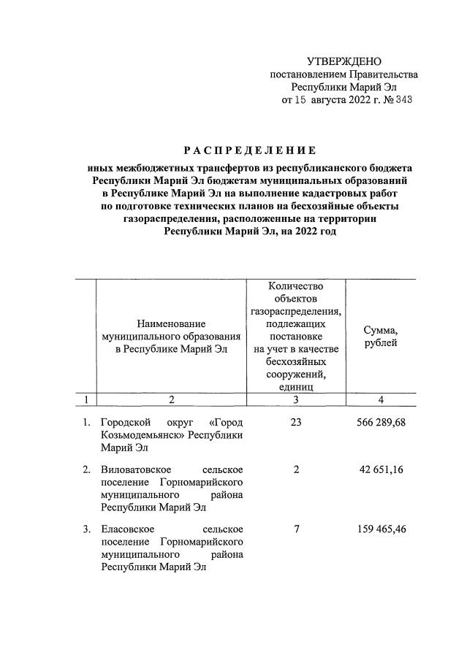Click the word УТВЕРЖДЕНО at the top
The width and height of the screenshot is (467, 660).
[x=343, y=61]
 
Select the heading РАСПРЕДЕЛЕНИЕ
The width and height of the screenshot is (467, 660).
[x=249, y=151]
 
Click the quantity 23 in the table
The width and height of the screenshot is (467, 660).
[x=296, y=423]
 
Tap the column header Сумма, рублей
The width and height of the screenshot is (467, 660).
[x=380, y=337]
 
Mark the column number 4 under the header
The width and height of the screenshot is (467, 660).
[x=380, y=399]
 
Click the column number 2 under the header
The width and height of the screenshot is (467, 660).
[x=172, y=399]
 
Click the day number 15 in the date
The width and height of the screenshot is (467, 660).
[x=301, y=101]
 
